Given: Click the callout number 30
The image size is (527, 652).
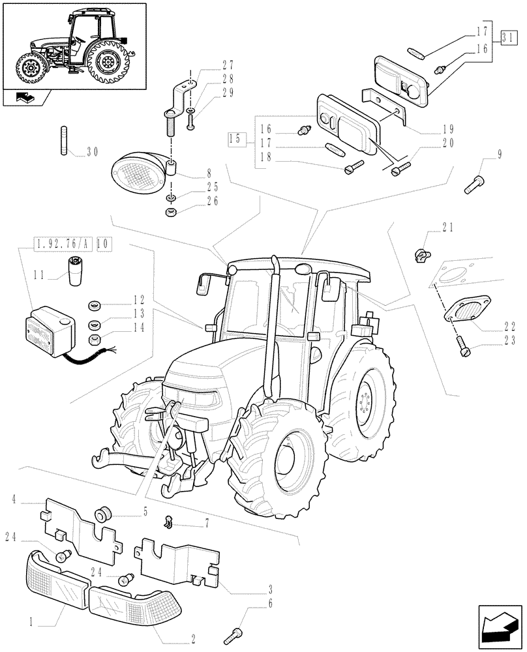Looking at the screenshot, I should pos(92,152).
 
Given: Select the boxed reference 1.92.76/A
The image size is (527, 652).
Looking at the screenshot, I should pos(62,244).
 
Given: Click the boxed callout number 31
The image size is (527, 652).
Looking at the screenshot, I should pos(509,37).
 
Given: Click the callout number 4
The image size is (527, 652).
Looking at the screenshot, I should pos(14,500).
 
